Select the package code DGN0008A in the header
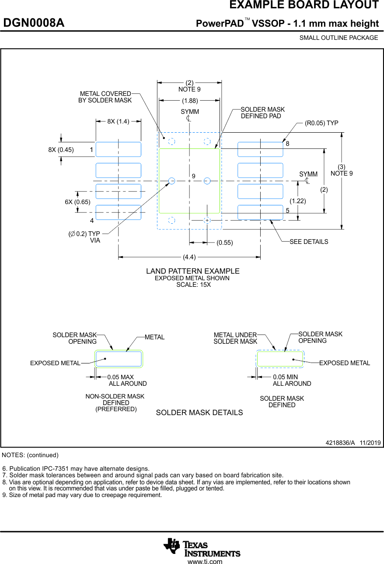pos(34,23)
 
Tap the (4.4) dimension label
pos(189,257)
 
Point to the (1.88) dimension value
pos(189,101)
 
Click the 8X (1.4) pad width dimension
pos(118,121)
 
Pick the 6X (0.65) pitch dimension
pos(77,202)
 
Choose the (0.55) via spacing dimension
pos(225,243)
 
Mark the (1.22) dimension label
pos(298,201)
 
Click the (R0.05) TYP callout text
pos(321,123)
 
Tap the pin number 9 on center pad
pos(193,176)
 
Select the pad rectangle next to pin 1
pos(119,149)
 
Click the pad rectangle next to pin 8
pos(260,149)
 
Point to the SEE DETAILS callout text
pos(309,242)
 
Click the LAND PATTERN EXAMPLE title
pos(193,271)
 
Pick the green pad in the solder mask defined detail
pos(280,359)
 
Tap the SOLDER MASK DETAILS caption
pos(199,412)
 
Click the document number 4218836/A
pos(340,443)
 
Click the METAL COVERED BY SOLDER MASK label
pos(105,97)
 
